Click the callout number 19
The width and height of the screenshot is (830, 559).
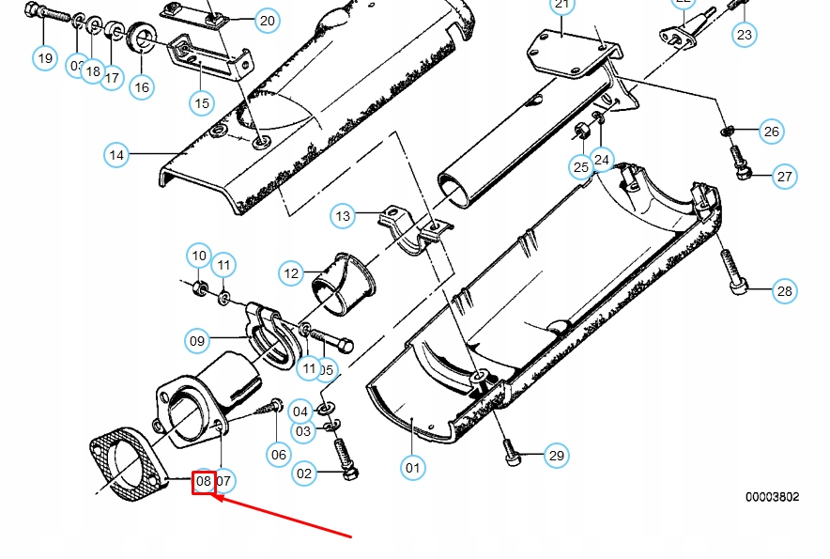pos(45,58)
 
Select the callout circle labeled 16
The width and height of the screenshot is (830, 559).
pos(141,87)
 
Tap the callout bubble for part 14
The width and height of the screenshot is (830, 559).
pos(116,154)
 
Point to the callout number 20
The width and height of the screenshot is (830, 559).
pos(267,21)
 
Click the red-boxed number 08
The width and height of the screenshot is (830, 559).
pos(204,482)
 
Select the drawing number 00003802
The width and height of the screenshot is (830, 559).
pos(772,497)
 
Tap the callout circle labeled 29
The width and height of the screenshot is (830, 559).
pos(557,456)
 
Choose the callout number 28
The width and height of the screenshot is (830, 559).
pos(784,291)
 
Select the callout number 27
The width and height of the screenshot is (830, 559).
pos(785,176)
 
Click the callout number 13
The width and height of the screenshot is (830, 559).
pos(343,216)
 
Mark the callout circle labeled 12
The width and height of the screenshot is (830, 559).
pos(292,273)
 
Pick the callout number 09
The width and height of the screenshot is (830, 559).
pos(197,341)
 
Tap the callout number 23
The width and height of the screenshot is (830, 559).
pos(744,36)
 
